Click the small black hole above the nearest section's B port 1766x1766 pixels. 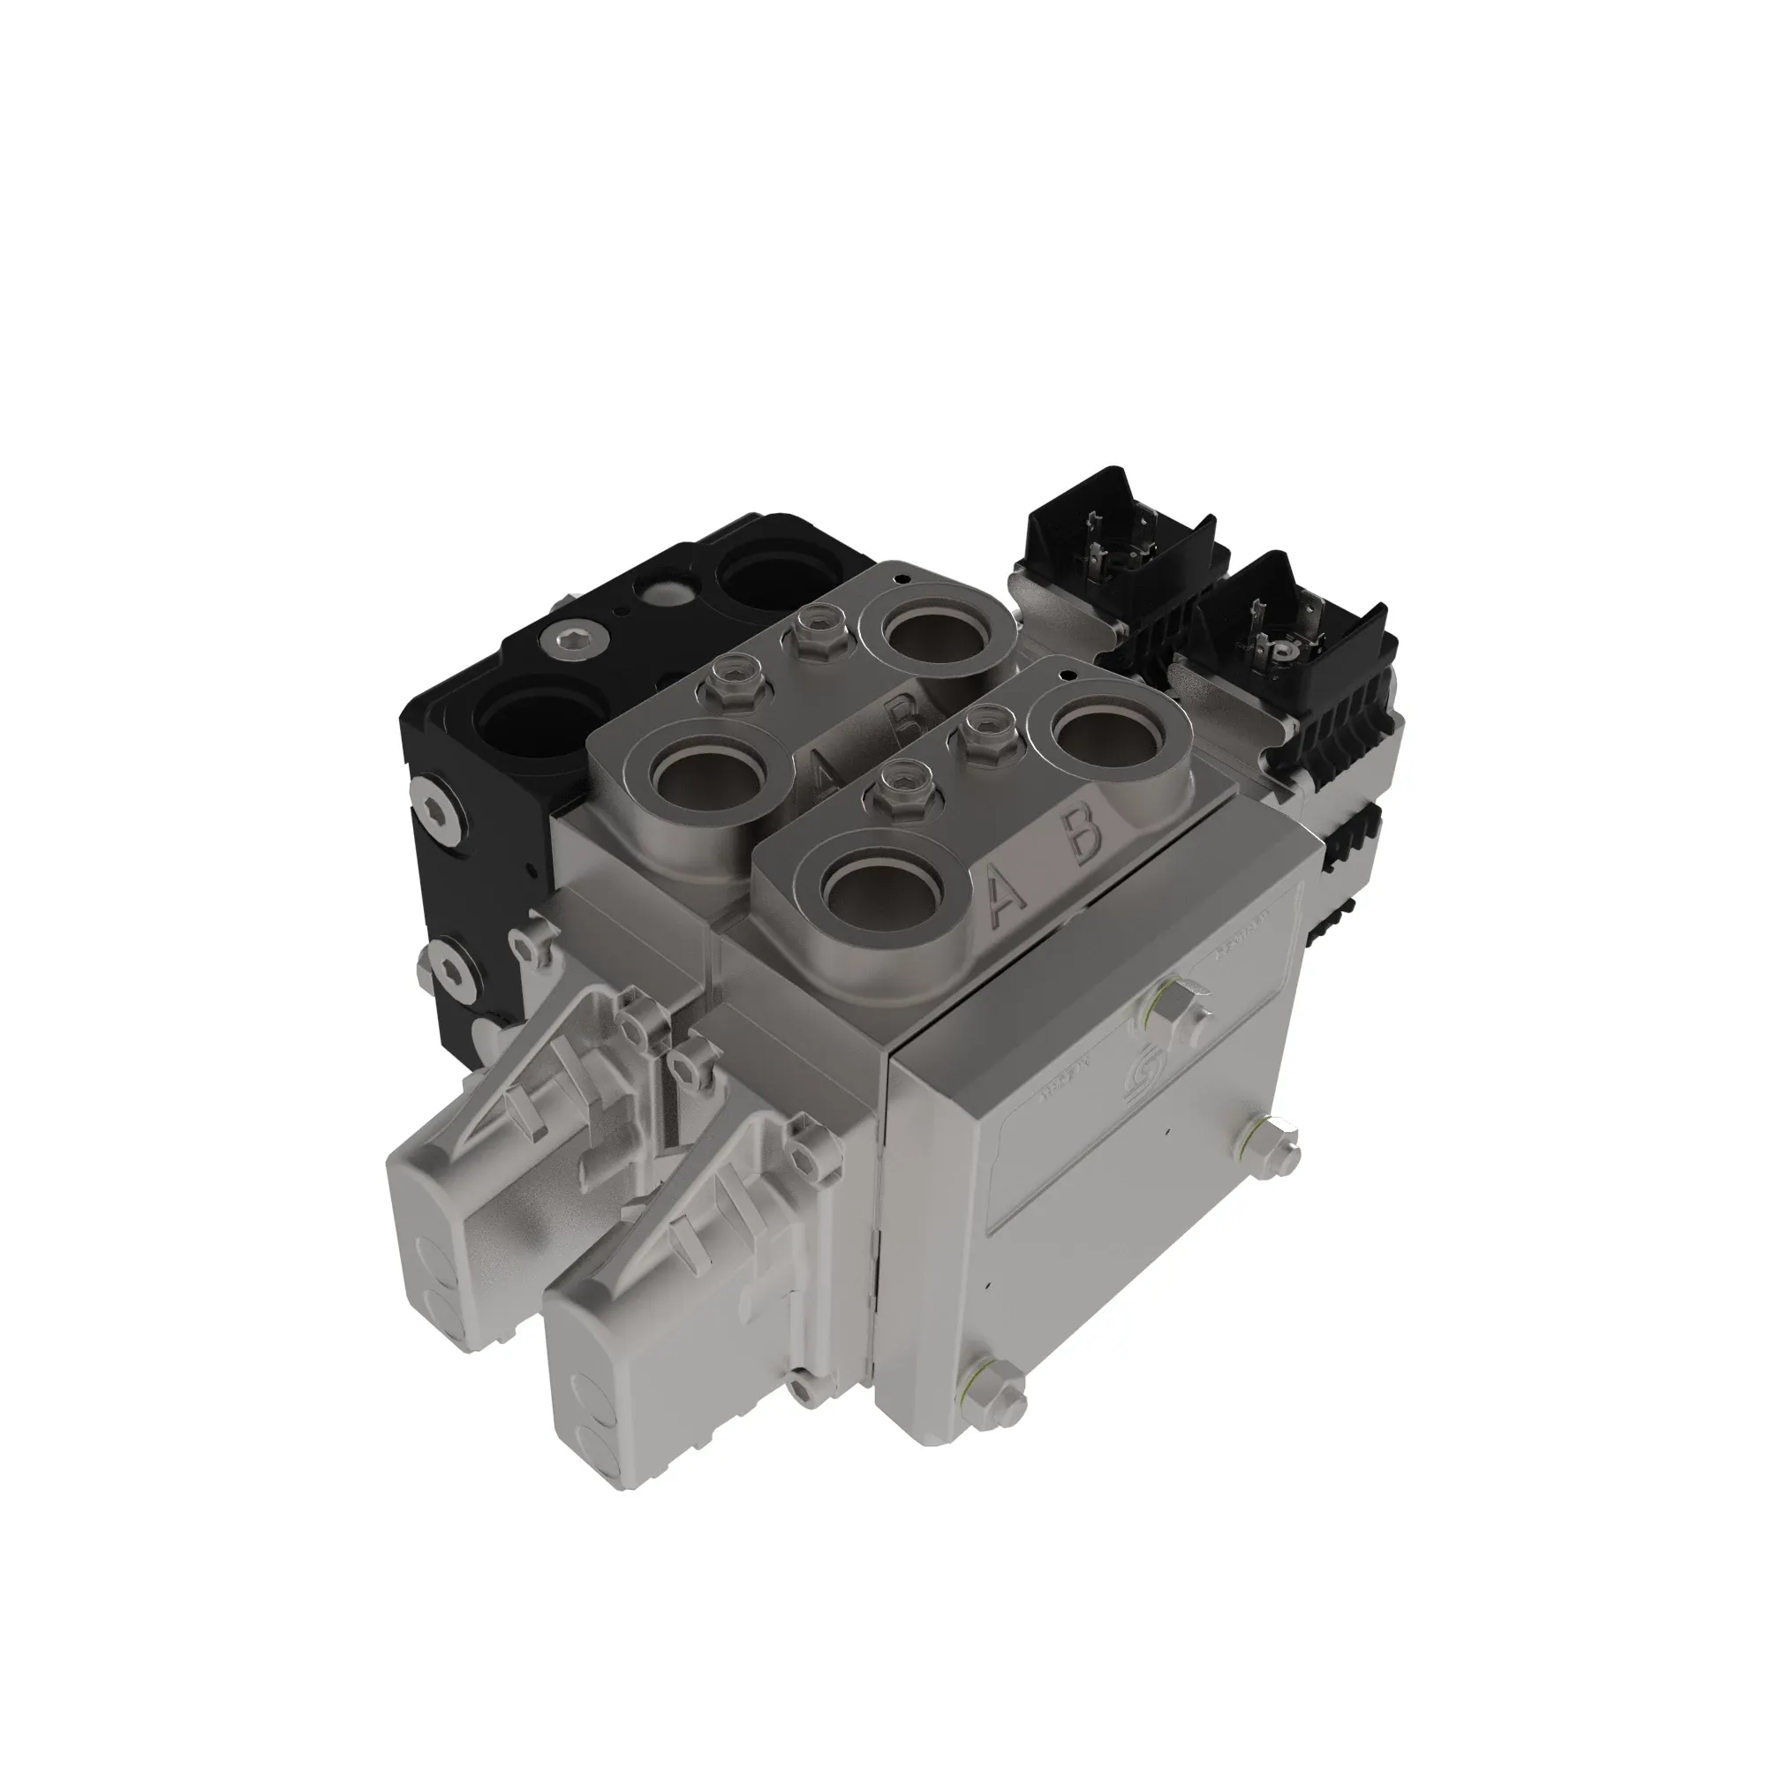(1066, 673)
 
